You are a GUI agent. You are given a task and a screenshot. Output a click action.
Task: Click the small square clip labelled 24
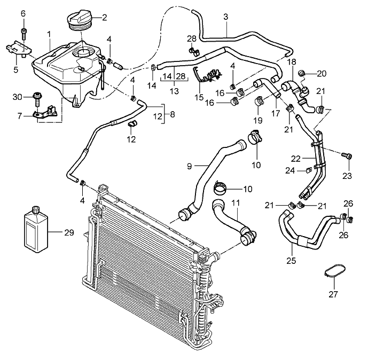pos(309,171)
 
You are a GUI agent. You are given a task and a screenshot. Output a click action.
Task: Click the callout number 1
pos(49,34)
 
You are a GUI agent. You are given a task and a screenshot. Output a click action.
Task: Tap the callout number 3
pos(226,17)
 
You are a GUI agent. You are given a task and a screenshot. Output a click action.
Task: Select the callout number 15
pos(200,98)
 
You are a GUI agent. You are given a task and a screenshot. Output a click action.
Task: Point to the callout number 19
pos(258,121)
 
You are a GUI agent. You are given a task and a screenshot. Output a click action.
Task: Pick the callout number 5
pos(15,69)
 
